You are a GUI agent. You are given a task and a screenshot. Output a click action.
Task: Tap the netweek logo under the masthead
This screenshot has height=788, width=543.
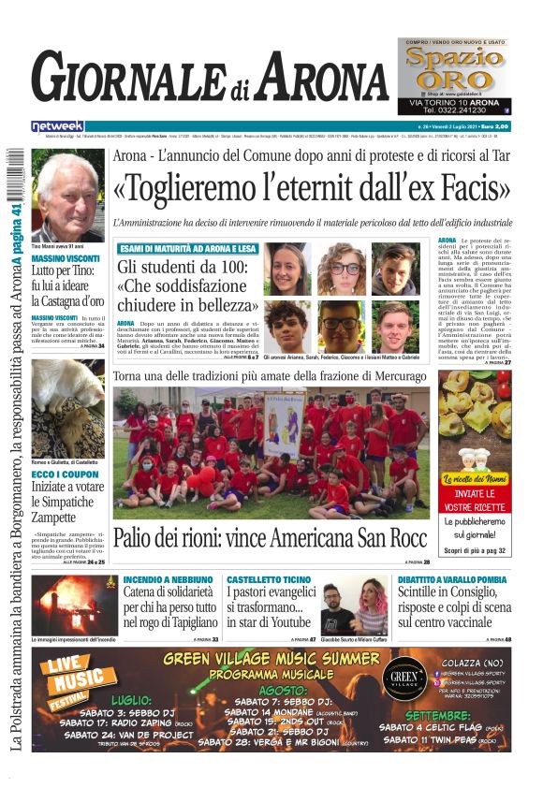[x=57, y=126]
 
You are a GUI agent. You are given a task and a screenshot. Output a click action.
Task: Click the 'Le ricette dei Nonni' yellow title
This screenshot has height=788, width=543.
[x=475, y=478]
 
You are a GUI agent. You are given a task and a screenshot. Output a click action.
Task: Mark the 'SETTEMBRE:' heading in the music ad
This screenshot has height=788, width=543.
[x=456, y=715]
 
